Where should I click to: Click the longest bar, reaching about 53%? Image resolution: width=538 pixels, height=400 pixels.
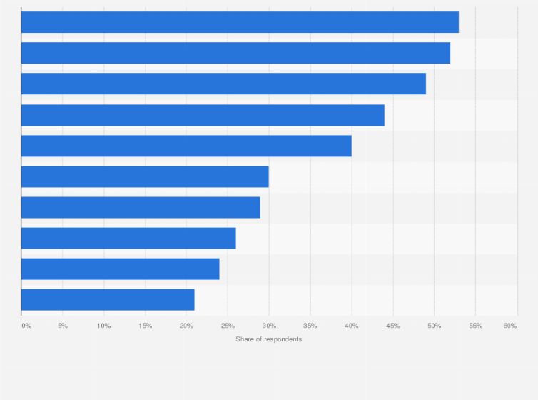point(240,22)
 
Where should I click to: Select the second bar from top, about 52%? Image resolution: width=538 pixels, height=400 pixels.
point(235,53)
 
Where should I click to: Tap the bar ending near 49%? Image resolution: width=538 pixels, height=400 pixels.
point(223,84)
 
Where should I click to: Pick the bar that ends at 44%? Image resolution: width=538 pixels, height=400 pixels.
point(203,115)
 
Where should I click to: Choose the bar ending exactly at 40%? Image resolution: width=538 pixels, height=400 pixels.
point(186,146)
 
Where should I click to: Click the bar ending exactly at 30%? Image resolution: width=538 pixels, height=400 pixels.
point(145,176)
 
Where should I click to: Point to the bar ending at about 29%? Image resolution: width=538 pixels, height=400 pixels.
point(141,207)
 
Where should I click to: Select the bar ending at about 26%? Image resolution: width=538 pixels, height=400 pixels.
point(128,238)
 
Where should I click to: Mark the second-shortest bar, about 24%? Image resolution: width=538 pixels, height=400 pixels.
point(120,269)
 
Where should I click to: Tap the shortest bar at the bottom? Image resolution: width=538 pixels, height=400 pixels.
point(108,300)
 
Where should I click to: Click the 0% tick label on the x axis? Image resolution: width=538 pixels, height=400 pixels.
point(26,326)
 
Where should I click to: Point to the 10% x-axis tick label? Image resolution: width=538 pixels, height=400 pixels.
point(104,326)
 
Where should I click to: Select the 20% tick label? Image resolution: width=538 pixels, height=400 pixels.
point(186,326)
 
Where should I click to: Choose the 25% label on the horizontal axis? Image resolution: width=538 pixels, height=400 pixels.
point(228,326)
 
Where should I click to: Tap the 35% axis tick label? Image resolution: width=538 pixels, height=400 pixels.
point(310,326)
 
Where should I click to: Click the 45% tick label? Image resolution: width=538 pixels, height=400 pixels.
point(392,326)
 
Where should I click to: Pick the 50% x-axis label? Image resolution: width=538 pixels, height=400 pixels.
point(434,326)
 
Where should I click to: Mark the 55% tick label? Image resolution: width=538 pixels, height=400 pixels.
point(475,326)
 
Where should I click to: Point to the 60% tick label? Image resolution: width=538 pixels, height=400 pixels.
point(509,326)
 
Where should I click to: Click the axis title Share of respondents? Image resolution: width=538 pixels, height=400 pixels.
point(268,339)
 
